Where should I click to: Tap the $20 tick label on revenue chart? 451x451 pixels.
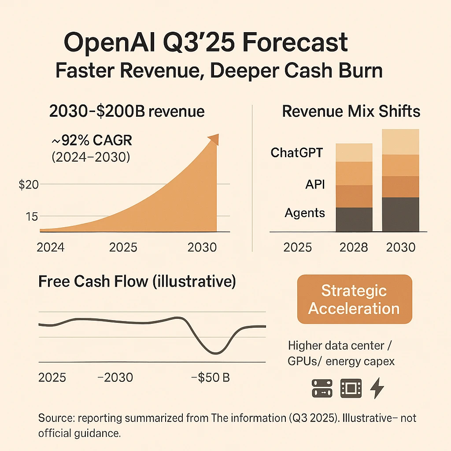[29, 185]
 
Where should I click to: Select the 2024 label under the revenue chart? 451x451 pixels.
[50, 247]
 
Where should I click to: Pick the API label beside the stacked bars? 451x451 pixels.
[315, 184]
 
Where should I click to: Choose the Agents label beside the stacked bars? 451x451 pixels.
[305, 213]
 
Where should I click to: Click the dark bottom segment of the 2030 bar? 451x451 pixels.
[400, 214]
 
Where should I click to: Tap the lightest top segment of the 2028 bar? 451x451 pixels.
[354, 152]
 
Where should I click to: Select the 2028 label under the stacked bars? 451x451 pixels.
[354, 247]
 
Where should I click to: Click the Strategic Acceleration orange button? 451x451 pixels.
[354, 299]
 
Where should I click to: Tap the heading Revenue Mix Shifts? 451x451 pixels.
[351, 111]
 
